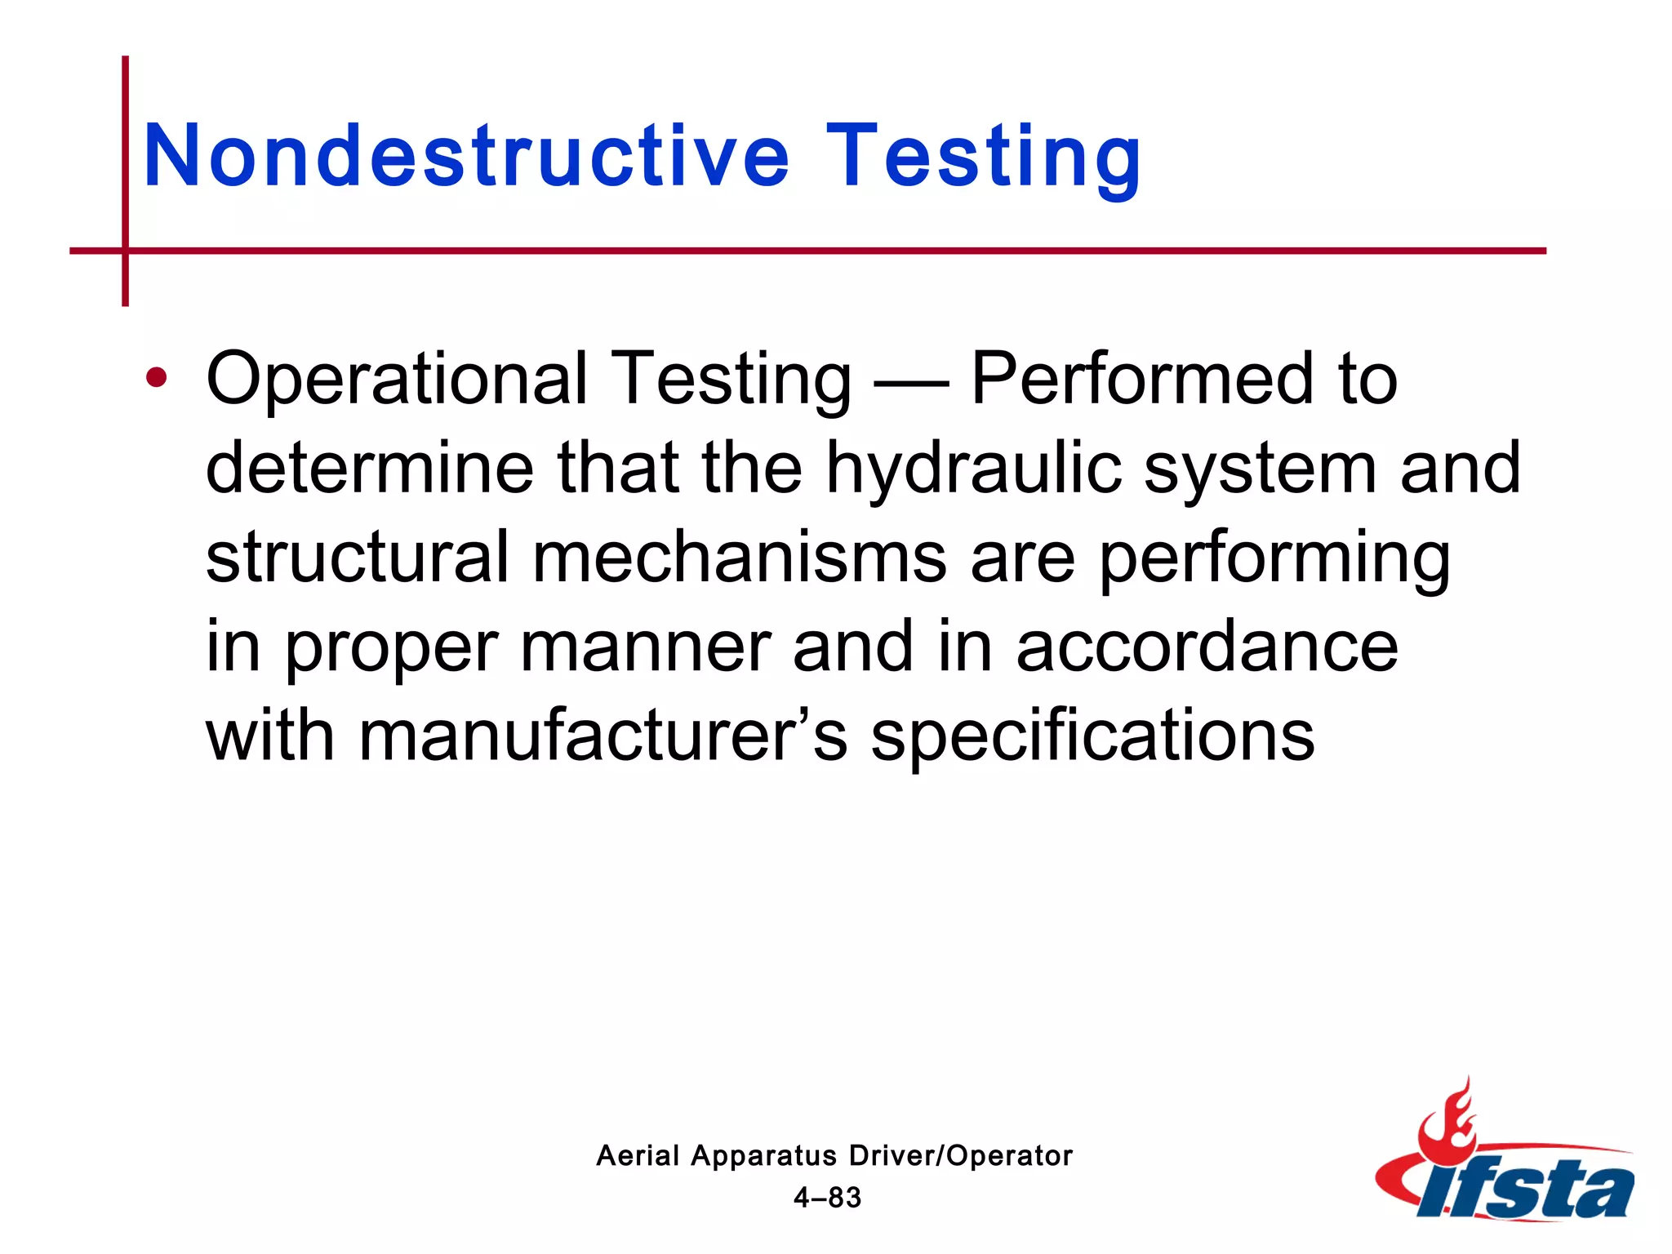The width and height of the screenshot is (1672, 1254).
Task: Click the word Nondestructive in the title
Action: (466, 155)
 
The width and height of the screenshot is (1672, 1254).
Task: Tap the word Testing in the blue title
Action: (983, 155)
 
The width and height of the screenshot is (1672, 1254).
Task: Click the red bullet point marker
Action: (156, 378)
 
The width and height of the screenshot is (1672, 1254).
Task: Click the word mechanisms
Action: (739, 557)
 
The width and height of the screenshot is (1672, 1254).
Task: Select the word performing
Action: (1274, 558)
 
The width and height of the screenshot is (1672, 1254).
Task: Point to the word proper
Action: (391, 647)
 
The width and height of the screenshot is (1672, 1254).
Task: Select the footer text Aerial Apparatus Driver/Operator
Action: (834, 1155)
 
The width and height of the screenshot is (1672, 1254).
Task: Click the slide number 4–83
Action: (827, 1198)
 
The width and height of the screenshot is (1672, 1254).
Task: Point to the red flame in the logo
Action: (1446, 1122)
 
